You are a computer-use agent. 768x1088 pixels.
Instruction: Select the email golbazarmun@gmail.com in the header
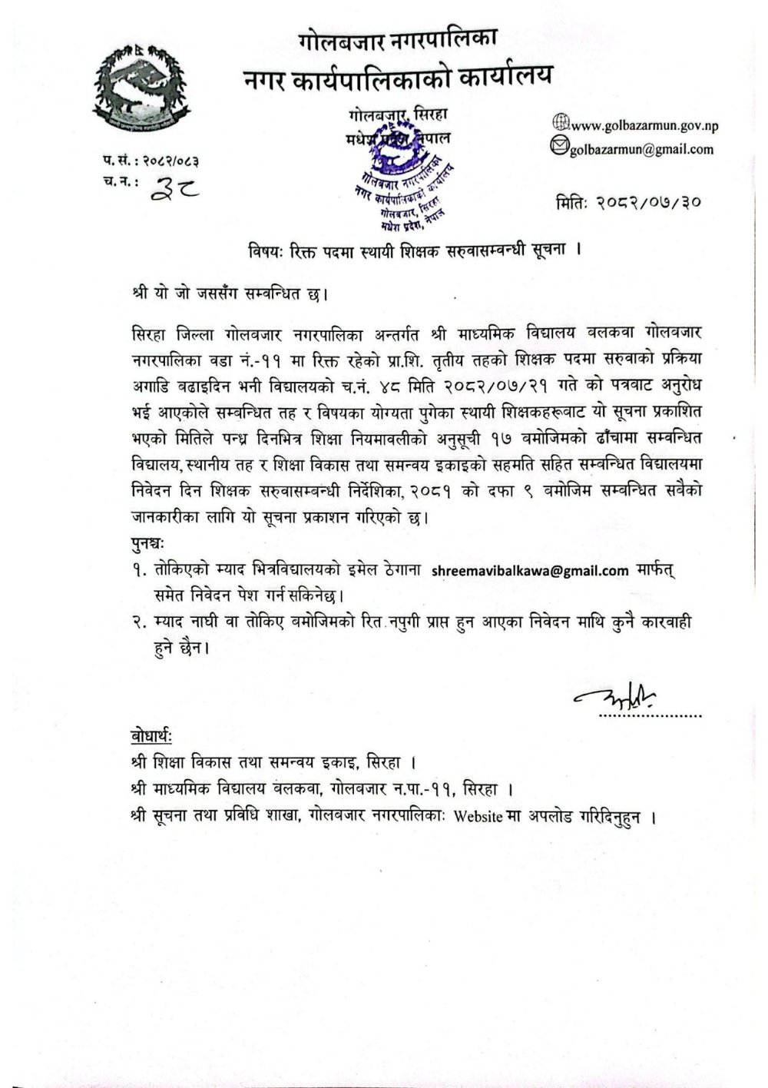[x=641, y=149]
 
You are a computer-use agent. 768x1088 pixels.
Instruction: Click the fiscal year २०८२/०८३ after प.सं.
[x=170, y=161]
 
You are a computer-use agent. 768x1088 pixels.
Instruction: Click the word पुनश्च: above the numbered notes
[x=146, y=546]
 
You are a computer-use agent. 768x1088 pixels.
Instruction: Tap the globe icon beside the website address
[x=561, y=122]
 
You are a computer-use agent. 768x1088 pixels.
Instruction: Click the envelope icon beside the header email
[x=561, y=144]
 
